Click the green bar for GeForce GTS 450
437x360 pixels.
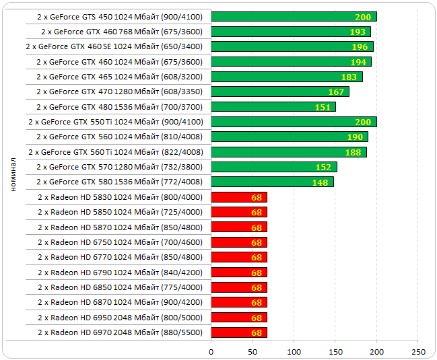point(294,16)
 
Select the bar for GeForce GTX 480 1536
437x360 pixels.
point(273,106)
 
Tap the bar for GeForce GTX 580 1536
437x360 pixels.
point(272,182)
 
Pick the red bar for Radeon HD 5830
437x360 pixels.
point(239,196)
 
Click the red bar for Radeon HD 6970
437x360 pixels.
point(239,332)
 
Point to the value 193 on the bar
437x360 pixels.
point(358,32)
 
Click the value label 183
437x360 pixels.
point(349,77)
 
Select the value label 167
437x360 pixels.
point(336,92)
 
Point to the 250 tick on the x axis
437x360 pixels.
point(418,352)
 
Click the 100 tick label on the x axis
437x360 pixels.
point(294,352)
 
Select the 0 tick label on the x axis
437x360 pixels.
point(211,352)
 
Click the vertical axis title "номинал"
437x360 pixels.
point(13,174)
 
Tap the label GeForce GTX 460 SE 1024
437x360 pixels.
point(114,46)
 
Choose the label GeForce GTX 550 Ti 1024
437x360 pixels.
point(115,122)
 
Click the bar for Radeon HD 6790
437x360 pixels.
point(239,272)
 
